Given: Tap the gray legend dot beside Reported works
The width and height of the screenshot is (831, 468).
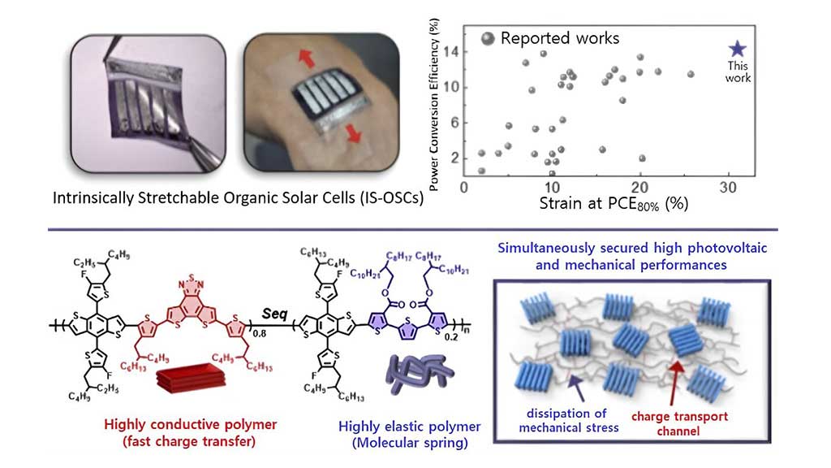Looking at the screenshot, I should [x=488, y=37].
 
